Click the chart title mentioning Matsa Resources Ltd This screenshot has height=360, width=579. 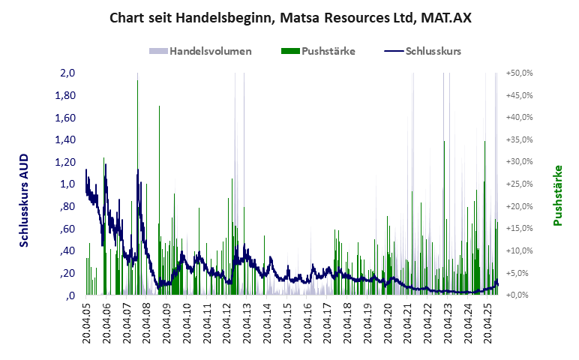(289, 16)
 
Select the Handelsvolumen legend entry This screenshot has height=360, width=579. (210, 52)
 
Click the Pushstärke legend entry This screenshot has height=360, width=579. (328, 52)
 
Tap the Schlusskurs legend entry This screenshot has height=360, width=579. (432, 52)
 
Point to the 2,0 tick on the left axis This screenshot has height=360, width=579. (68, 73)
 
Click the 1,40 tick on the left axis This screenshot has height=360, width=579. (66, 140)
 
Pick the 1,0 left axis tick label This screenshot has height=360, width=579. (68, 184)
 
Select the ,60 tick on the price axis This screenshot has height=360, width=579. (68, 229)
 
